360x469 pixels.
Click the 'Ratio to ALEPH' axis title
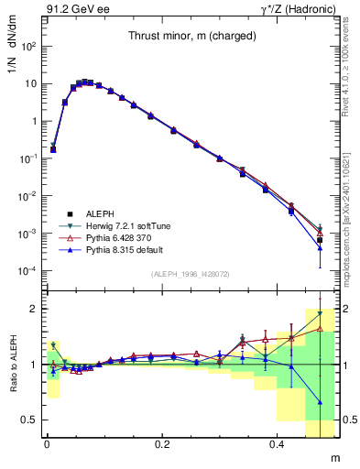[x=12, y=365]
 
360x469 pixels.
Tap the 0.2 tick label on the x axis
[x=162, y=444]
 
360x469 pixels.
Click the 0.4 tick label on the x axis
[x=278, y=444]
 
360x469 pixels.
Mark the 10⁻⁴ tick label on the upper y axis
[x=30, y=272]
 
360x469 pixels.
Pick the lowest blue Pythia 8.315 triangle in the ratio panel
[x=320, y=402]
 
